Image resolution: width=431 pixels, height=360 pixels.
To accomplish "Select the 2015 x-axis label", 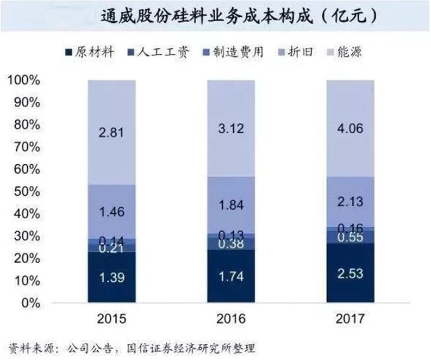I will [112, 319].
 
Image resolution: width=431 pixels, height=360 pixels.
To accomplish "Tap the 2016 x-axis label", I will [231, 319].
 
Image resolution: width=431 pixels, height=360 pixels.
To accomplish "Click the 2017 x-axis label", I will [350, 319].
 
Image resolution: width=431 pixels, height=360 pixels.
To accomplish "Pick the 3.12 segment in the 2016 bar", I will [231, 128].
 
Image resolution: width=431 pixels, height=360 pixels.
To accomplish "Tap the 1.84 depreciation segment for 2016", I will [231, 205].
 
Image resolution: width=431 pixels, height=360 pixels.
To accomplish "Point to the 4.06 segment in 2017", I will [350, 128].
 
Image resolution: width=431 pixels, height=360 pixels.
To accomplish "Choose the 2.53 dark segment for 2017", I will [350, 273].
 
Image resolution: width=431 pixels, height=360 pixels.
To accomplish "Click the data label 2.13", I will [350, 205].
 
